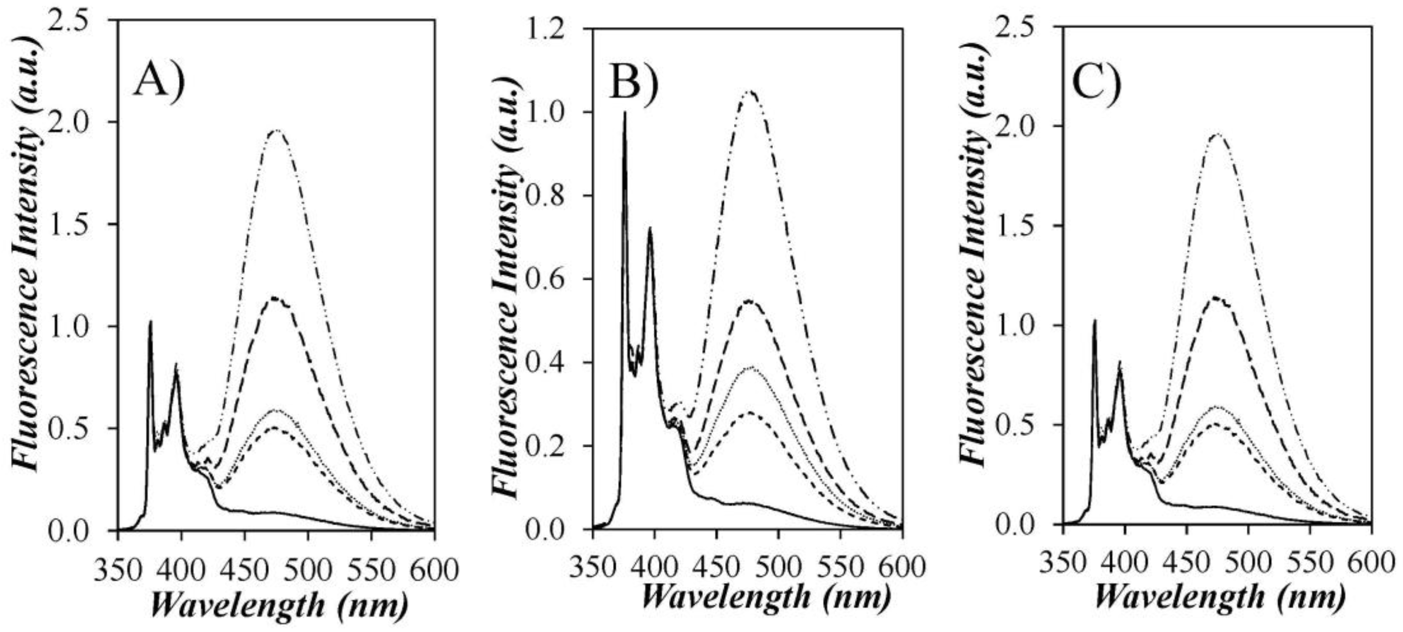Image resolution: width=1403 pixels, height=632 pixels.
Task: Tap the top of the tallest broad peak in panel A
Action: coord(278,130)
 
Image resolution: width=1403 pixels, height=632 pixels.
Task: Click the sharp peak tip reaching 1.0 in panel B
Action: coord(625,112)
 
